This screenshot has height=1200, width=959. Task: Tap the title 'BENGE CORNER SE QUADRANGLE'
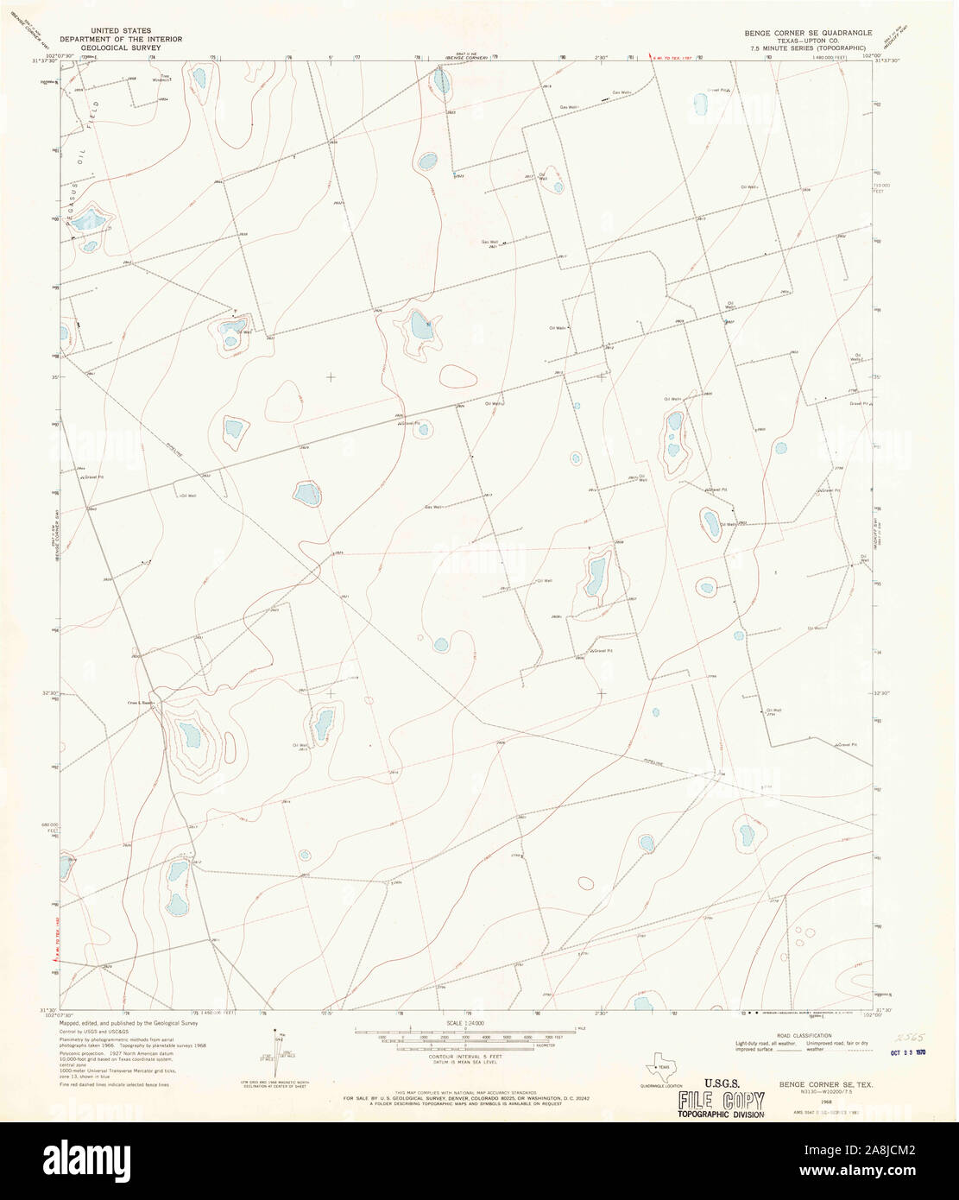(802, 32)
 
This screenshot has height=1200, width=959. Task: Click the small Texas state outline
(662, 1064)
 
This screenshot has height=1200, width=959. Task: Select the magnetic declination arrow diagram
(274, 1053)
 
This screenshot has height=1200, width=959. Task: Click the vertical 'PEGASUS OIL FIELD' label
(81, 155)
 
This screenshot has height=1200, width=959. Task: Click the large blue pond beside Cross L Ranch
(189, 736)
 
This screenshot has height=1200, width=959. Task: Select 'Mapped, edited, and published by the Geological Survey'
(129, 1022)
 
